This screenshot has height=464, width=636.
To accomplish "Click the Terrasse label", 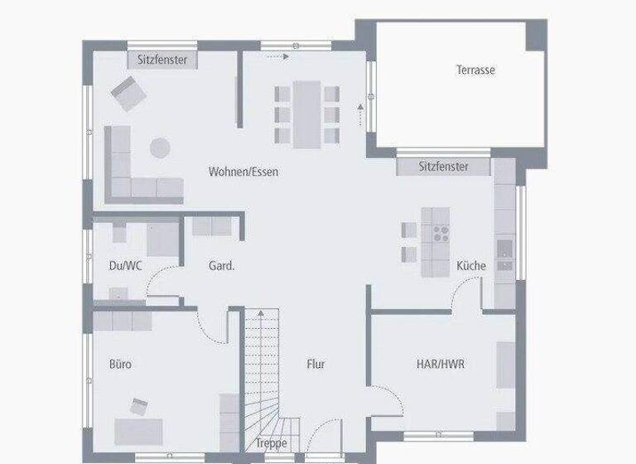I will tap(475, 70).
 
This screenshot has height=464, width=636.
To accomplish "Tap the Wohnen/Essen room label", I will tap(243, 172).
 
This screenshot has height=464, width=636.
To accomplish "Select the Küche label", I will tap(471, 266).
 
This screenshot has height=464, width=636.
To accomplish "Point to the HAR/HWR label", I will tap(440, 363).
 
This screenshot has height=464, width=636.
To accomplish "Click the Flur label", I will tap(316, 364).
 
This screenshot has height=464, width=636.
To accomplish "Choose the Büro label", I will tap(120, 364).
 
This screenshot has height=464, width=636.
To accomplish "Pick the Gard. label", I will tap(221, 266).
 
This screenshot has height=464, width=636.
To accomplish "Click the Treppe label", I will tap(271, 444).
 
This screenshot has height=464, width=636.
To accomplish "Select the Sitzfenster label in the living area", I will tap(162, 60).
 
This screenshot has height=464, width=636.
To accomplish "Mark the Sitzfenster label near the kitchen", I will tap(443, 167).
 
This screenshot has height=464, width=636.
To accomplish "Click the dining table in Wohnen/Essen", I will tap(307, 114).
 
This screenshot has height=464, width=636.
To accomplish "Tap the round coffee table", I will tap(160, 148).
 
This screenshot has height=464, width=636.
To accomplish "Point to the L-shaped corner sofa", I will tap(132, 174).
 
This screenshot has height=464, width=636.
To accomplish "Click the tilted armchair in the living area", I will tap(128, 92).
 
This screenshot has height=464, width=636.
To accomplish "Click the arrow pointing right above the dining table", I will tap(277, 57).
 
